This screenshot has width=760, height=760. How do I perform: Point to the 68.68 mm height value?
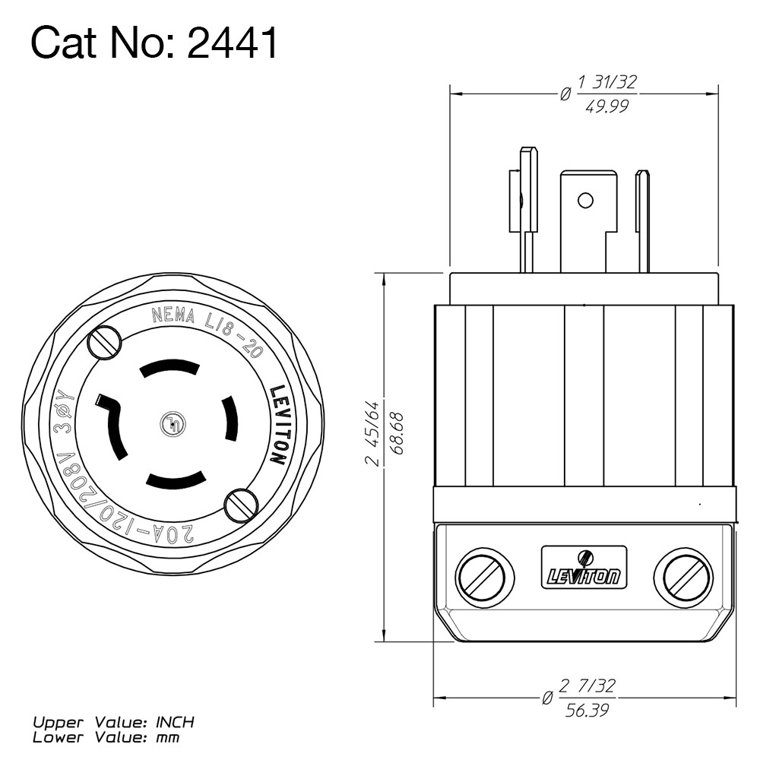tap(396, 432)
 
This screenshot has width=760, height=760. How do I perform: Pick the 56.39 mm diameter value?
tap(587, 711)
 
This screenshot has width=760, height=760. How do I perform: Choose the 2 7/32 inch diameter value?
tap(587, 686)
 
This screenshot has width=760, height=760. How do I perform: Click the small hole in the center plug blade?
tap(584, 201)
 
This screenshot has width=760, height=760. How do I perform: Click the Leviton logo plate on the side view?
tap(584, 569)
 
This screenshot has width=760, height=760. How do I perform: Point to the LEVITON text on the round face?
tap(278, 426)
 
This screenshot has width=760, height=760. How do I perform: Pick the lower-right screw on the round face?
tap(241, 504)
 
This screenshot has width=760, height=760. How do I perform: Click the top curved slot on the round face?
tap(170, 369)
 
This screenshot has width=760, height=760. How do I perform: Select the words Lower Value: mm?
tap(106, 736)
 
